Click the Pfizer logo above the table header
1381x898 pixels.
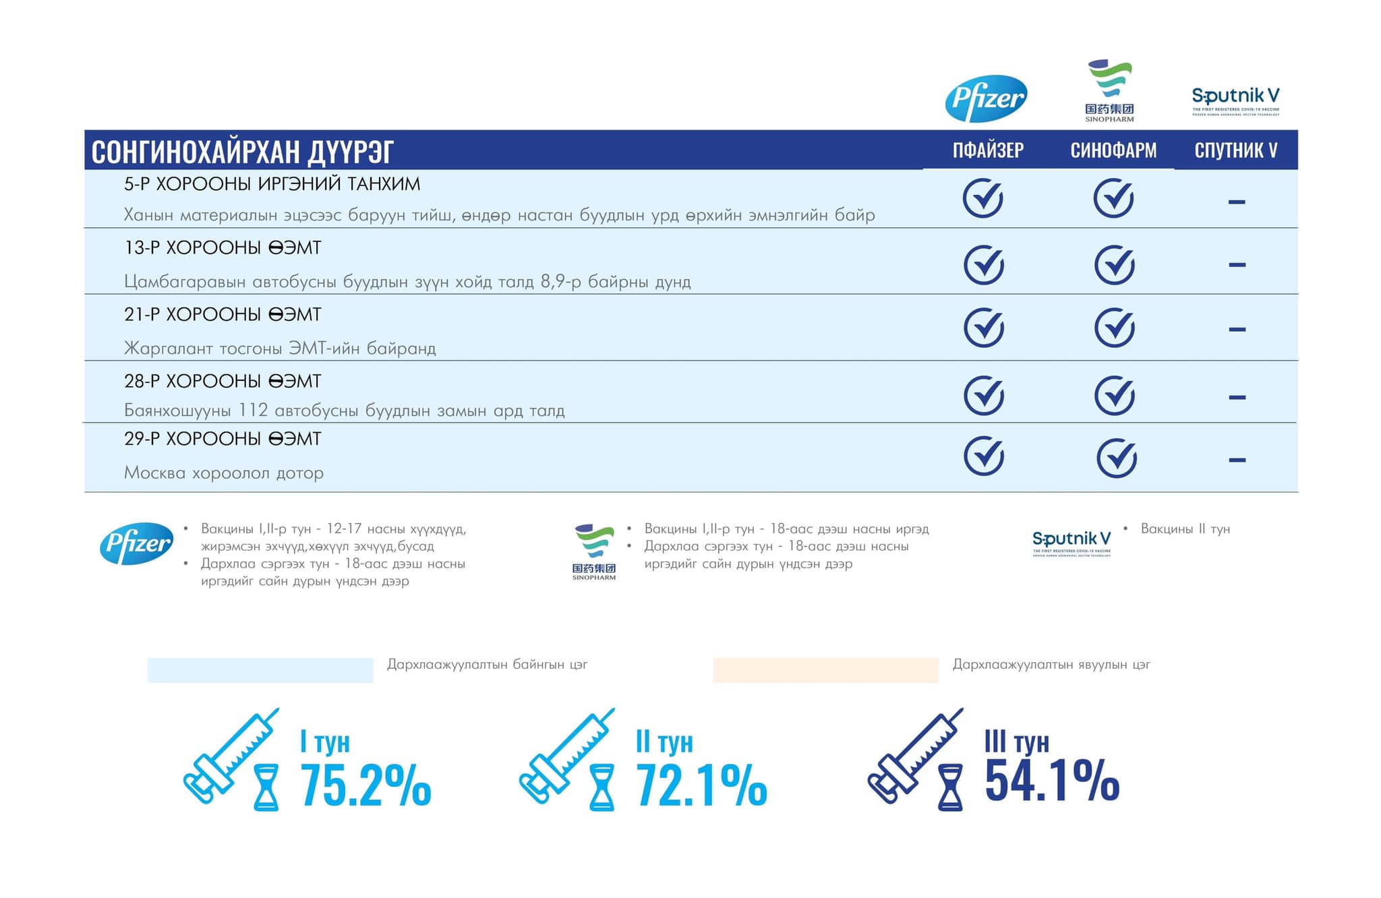click(986, 98)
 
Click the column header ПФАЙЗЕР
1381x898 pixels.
click(988, 150)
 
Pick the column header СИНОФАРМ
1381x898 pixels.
click(1113, 150)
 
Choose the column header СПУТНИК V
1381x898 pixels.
click(1236, 150)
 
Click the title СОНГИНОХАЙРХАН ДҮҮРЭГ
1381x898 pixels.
click(242, 151)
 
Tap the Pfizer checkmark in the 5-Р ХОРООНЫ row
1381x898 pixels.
click(983, 198)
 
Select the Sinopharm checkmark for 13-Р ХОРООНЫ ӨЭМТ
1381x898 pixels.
click(1115, 264)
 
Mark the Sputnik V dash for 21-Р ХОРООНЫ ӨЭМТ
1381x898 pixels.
click(1237, 330)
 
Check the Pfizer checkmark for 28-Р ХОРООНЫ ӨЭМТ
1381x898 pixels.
click(984, 395)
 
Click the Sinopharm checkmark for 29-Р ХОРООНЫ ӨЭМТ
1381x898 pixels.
click(1117, 458)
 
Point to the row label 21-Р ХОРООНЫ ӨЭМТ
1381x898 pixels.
click(223, 314)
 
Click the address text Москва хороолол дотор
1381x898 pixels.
click(224, 473)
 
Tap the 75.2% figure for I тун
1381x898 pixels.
click(365, 785)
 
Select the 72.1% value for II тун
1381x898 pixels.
click(701, 785)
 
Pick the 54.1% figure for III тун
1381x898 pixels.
click(1052, 781)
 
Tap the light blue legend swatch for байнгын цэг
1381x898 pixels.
click(260, 670)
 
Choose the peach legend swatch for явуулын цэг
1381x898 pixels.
click(825, 670)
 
